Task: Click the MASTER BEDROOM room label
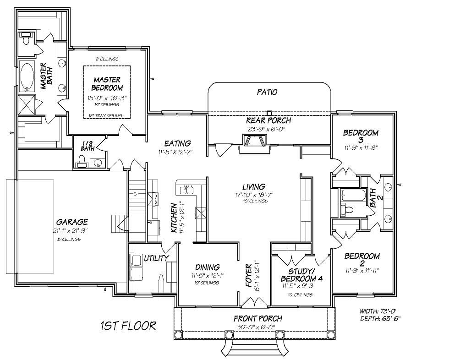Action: pyautogui.click(x=107, y=84)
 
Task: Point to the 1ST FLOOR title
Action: pyautogui.click(x=128, y=326)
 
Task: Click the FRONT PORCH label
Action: pyautogui.click(x=257, y=318)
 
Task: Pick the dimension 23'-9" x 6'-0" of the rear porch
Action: pyautogui.click(x=268, y=129)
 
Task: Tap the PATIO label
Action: pyautogui.click(x=267, y=92)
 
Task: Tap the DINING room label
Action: pyautogui.click(x=207, y=267)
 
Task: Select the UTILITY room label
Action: pyautogui.click(x=156, y=258)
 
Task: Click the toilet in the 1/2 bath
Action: pyautogui.click(x=82, y=160)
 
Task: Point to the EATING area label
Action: pyautogui.click(x=177, y=143)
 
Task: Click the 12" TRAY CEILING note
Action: pyautogui.click(x=107, y=116)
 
